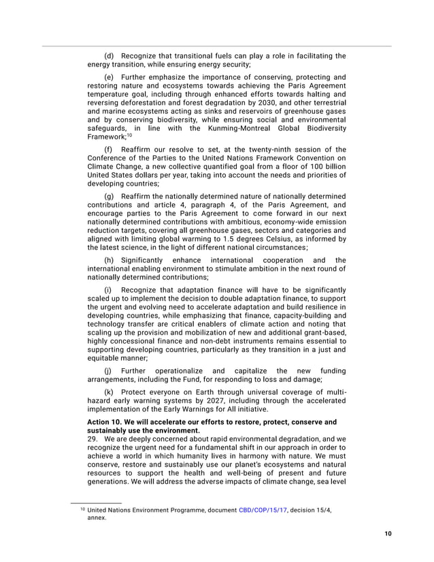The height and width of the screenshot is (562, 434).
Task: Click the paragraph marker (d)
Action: [x=108, y=56]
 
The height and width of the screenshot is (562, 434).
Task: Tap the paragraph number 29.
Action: [x=93, y=439]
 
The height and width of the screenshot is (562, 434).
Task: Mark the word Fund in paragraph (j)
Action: [x=186, y=380]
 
